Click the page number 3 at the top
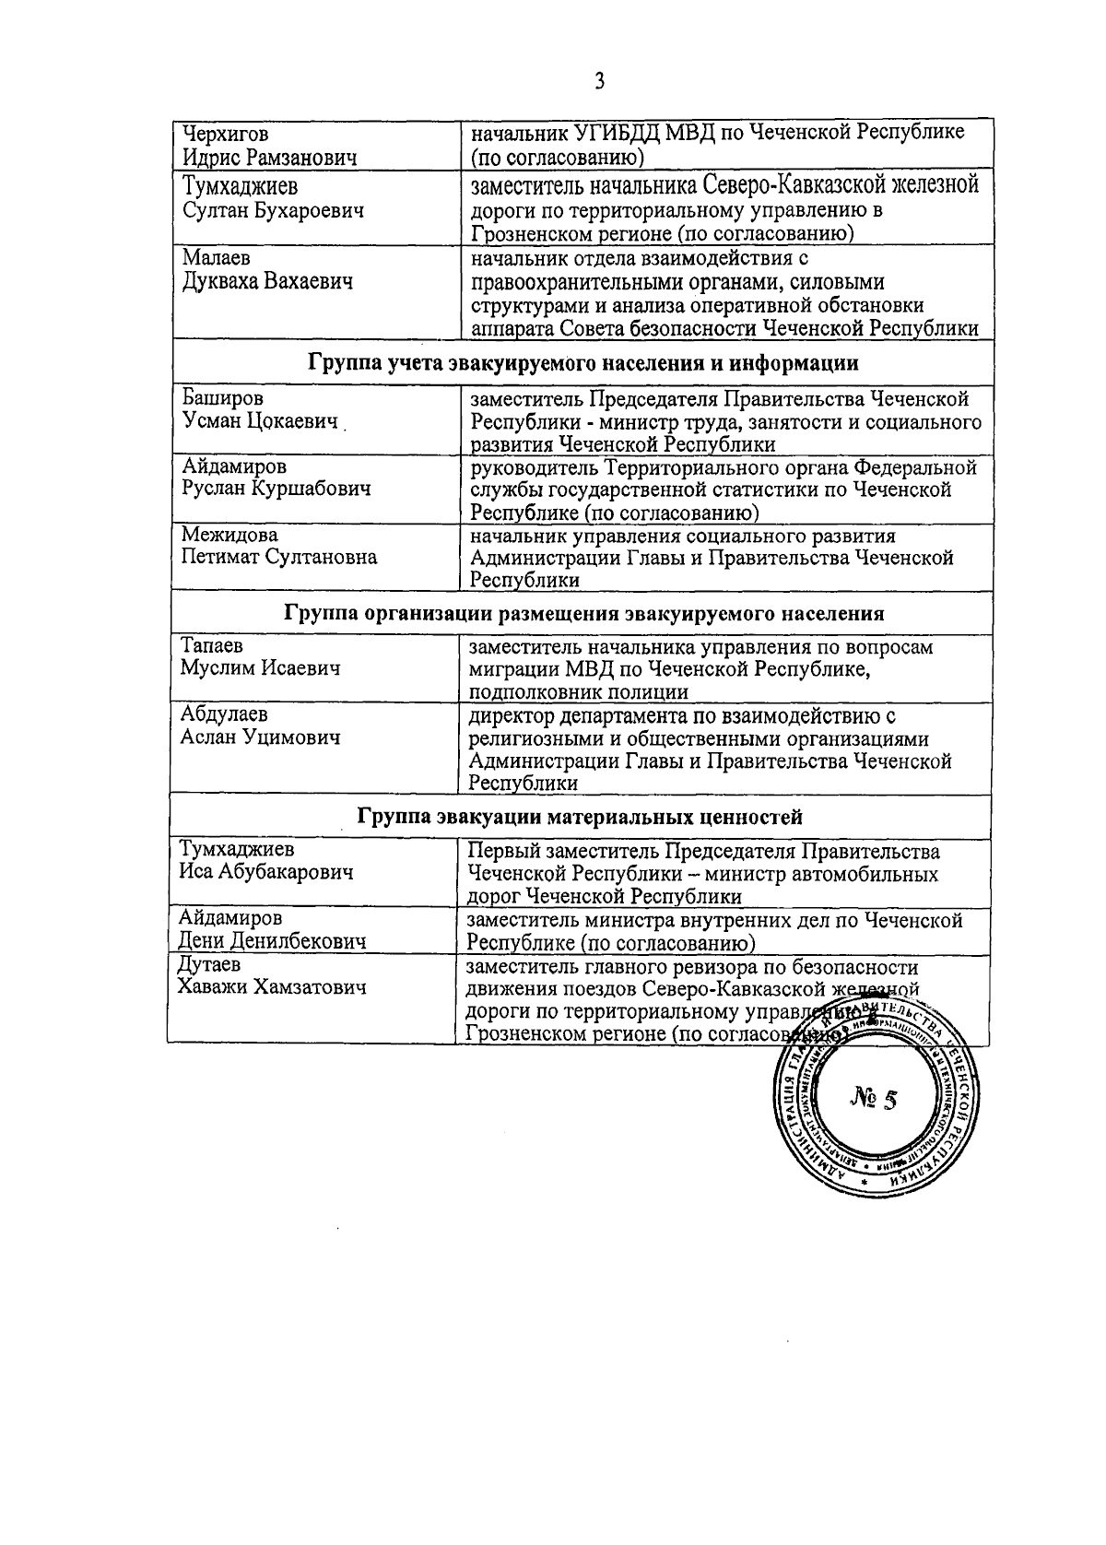599,82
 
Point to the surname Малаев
215,258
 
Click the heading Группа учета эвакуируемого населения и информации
582,363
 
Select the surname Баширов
221,399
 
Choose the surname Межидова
229,536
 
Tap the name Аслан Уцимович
260,737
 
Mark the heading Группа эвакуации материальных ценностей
580,817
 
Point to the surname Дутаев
209,965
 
